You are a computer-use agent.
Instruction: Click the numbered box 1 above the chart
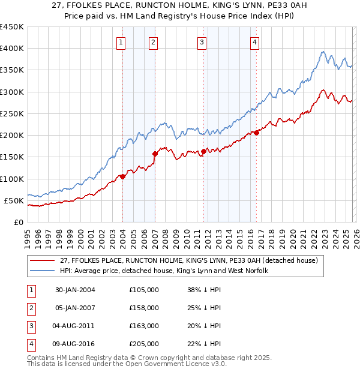coord(121,42)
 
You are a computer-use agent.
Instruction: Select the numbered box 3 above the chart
coord(202,42)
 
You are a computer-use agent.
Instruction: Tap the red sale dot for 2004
coord(122,176)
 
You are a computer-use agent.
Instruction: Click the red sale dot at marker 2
coord(155,154)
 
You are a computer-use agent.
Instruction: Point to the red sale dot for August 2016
coord(256,133)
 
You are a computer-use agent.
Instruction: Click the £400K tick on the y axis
coord(11,49)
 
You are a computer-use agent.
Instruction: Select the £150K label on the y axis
coord(11,157)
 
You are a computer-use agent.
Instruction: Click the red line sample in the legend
coord(44,260)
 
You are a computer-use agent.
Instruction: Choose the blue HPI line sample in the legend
coord(44,271)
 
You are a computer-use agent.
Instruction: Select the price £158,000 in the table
coord(144,308)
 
